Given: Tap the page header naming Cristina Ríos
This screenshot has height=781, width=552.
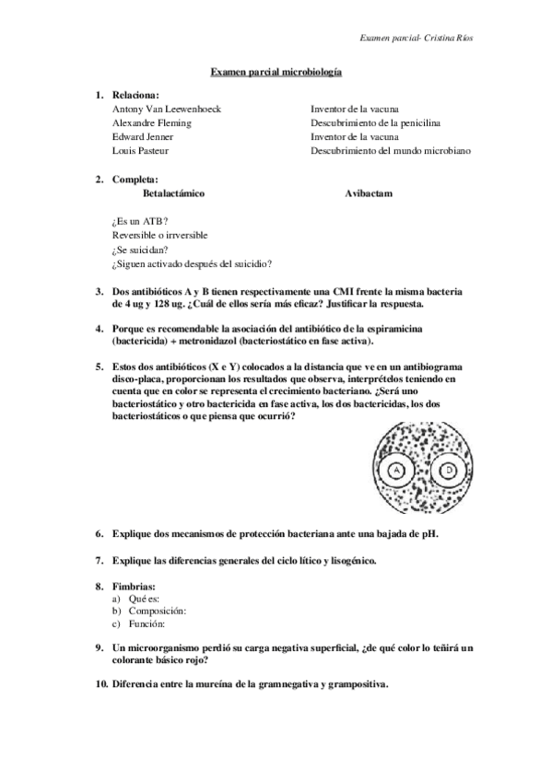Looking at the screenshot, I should click(x=421, y=39).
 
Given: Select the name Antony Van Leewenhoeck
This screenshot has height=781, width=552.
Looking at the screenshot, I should click(x=166, y=109).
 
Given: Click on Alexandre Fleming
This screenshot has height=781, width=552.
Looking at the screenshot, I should click(x=151, y=122).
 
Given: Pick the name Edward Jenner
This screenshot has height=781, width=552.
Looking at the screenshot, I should click(x=145, y=136).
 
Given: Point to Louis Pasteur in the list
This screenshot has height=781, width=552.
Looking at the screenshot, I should click(x=140, y=150).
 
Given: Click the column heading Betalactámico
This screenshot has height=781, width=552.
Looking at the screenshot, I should click(x=174, y=194).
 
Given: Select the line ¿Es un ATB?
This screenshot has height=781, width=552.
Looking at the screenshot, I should click(x=139, y=221).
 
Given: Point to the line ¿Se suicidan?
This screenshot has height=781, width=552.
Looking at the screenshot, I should click(x=145, y=249).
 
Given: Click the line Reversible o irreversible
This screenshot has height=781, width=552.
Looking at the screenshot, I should click(x=161, y=235).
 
